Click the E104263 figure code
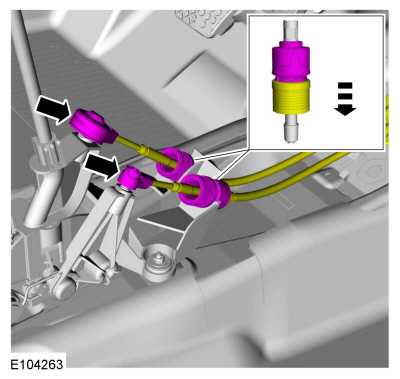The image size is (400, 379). [x=37, y=364]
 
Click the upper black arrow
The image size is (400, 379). [x=53, y=109]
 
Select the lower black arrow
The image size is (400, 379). [x=102, y=166]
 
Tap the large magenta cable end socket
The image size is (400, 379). [x=93, y=127]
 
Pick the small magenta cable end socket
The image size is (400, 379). [x=134, y=177]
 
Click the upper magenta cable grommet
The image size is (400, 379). [x=175, y=161]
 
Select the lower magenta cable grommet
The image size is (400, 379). [x=203, y=192]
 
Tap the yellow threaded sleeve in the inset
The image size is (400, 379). [x=292, y=97]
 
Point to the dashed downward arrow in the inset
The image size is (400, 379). [x=345, y=99]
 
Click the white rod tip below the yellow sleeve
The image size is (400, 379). [x=291, y=128]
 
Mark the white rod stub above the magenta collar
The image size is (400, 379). [x=292, y=32]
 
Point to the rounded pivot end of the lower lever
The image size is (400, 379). [x=63, y=287]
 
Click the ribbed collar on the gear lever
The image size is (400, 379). [x=48, y=150]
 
